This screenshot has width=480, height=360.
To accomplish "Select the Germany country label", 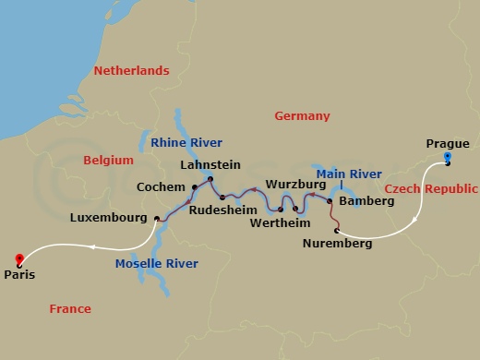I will [302, 116].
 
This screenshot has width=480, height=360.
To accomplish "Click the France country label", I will [70, 309].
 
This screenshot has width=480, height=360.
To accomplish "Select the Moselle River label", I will [157, 264].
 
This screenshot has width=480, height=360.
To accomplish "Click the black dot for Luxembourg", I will [157, 219].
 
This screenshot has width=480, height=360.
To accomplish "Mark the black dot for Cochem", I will [195, 187].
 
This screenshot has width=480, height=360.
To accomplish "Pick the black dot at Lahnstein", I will [210, 178].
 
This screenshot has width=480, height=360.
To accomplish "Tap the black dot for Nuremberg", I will [337, 230].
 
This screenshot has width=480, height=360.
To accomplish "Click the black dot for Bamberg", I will [330, 199].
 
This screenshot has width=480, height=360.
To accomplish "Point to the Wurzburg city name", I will [290, 185].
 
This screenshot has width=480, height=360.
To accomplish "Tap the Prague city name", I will [448, 143].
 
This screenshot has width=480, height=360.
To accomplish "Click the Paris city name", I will [20, 274].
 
